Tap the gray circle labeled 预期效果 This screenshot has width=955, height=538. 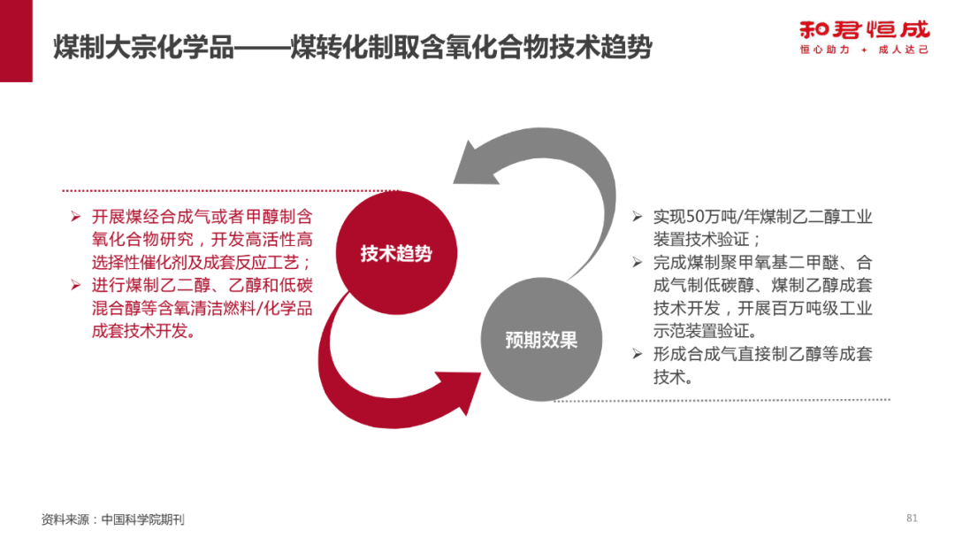click(541, 340)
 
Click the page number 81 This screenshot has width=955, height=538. click(913, 518)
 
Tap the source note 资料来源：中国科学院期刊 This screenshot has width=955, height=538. click(112, 519)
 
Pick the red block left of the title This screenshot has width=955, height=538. click(16, 42)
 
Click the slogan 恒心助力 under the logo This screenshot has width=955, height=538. click(823, 50)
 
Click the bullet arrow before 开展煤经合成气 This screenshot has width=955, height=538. click(75, 217)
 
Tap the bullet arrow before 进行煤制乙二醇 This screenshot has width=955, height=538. click(75, 286)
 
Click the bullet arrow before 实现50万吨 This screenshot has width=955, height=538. click(637, 216)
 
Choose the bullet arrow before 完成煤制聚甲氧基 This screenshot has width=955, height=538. click(637, 262)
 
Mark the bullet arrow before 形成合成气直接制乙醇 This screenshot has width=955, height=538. click(637, 354)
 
